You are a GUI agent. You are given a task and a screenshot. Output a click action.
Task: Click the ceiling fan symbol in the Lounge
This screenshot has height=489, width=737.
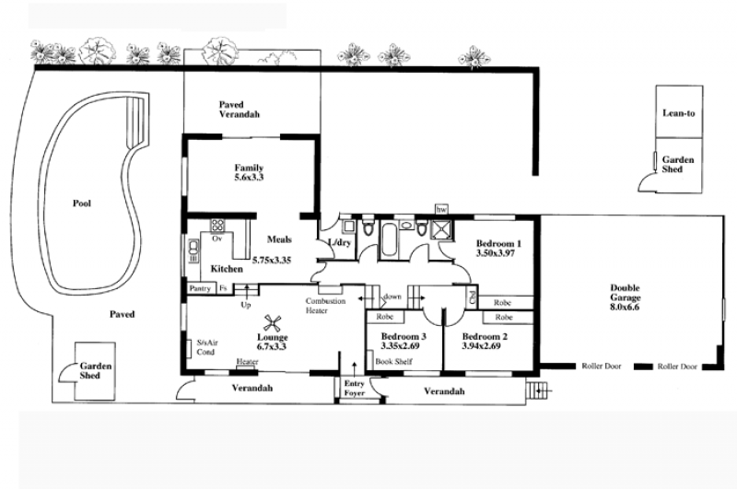pyautogui.click(x=272, y=323)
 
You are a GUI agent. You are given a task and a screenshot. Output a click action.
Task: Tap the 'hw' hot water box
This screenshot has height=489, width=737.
pyautogui.click(x=441, y=209)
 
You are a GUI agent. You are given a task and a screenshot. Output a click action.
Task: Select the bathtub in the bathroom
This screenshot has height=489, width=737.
pyautogui.click(x=388, y=240)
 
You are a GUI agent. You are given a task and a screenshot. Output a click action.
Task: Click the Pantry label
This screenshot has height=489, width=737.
pyautogui.click(x=200, y=288)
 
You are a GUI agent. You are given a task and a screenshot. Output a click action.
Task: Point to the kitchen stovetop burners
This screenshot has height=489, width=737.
pyautogui.click(x=217, y=225)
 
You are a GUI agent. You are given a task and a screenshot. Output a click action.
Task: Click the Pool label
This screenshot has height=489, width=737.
pyautogui.click(x=82, y=204)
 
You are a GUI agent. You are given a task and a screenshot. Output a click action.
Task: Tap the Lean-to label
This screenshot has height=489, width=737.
pyautogui.click(x=679, y=113)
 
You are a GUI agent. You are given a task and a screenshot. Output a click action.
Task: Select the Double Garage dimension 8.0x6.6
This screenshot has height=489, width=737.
pyautogui.click(x=626, y=308)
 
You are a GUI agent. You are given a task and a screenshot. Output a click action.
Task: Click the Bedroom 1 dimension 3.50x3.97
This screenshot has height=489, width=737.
pyautogui.click(x=496, y=253)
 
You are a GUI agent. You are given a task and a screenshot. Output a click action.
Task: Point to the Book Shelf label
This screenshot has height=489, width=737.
pyautogui.click(x=394, y=361)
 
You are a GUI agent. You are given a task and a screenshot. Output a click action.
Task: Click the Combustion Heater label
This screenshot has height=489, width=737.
pyautogui.click(x=325, y=306)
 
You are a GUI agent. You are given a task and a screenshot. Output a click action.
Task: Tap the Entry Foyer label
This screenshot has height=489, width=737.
pyautogui.click(x=354, y=388)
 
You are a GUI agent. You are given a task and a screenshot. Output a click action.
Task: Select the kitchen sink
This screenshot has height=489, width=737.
pyautogui.click(x=193, y=247)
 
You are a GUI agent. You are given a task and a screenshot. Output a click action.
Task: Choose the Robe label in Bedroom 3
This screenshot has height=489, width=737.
pyautogui.click(x=384, y=317)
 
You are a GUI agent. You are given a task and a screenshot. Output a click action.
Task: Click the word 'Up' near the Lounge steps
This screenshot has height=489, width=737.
pyautogui.click(x=246, y=305)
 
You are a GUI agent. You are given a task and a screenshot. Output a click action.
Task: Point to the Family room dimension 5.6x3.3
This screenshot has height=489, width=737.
pyautogui.click(x=249, y=178)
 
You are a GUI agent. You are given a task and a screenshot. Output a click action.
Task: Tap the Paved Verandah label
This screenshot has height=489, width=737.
pyautogui.click(x=240, y=110)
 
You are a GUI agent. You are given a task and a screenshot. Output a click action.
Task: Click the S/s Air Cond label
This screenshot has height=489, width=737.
pyautogui.click(x=205, y=347)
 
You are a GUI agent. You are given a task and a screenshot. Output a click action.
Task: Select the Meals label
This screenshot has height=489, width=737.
pyautogui.click(x=279, y=239)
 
